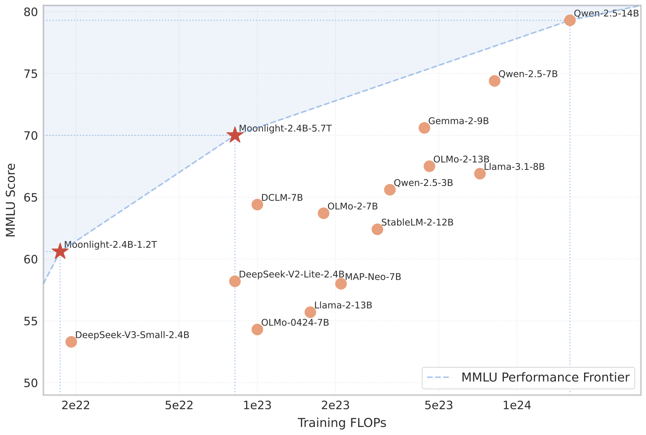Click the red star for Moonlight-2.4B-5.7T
click(235, 135)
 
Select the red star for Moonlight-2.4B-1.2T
click(60, 251)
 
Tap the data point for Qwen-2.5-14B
click(570, 20)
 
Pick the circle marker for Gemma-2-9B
click(424, 128)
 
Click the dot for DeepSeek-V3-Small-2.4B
click(71, 342)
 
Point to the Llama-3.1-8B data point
click(480, 174)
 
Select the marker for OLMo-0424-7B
click(257, 329)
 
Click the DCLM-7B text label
click(282, 198)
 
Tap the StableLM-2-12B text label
click(417, 222)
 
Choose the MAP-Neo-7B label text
click(373, 277)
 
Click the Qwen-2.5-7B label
click(528, 74)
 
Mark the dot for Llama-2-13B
click(310, 312)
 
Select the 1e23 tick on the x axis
click(257, 406)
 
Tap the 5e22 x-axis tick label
click(179, 406)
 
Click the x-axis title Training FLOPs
click(342, 423)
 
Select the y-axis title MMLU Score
click(11, 200)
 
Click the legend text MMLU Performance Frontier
click(545, 378)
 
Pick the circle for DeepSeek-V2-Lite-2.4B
click(235, 281)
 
